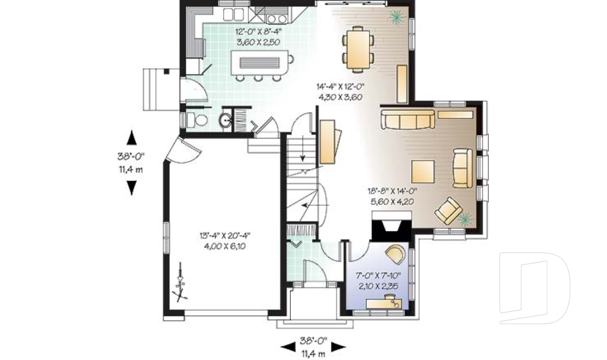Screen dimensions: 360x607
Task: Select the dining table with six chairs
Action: [359, 49]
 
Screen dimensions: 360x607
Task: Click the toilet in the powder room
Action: [200, 120]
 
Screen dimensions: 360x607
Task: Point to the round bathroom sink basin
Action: [226, 120]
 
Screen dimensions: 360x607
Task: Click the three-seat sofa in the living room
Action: [407, 119]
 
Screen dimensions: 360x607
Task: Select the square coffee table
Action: [422, 171]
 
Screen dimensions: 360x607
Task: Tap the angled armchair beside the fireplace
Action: [448, 210]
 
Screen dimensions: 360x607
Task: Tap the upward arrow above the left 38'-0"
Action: [132, 137]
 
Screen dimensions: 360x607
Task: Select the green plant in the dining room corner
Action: [396, 17]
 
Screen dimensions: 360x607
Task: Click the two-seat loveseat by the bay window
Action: [462, 168]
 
